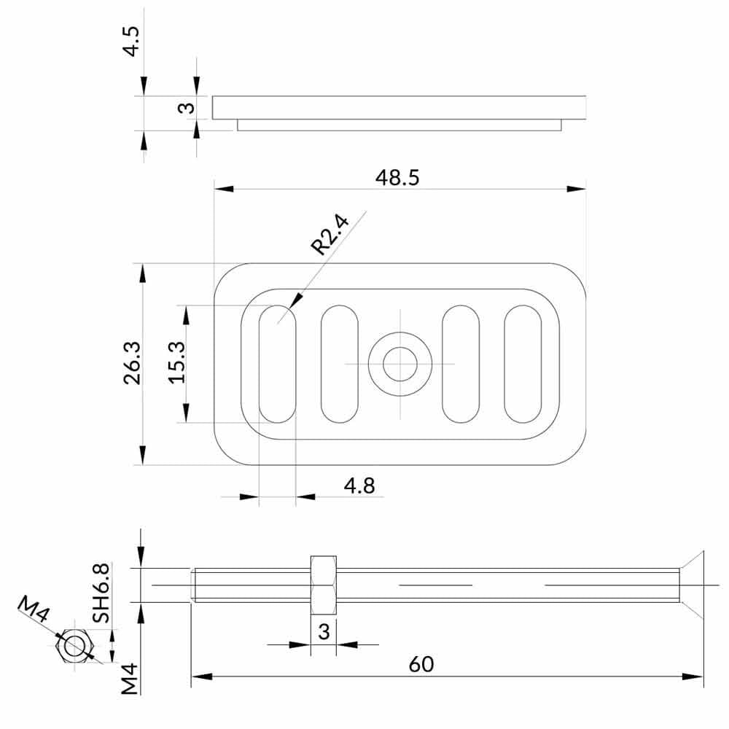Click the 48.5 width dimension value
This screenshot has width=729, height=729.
coord(397,178)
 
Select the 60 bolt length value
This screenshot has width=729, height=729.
coord(421,664)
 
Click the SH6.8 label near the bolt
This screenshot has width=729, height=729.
coord(101,592)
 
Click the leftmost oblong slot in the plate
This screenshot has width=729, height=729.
coord(278,364)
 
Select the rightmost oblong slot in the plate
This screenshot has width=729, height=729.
coord(523,364)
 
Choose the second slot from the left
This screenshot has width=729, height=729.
coord(340,364)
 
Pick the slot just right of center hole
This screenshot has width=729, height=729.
coord(461,364)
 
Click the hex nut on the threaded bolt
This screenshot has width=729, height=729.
coord(323,585)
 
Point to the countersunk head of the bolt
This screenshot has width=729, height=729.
coord(690,585)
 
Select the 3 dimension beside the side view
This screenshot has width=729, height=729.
coord(186,108)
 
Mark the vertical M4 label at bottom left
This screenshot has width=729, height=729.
coord(129,678)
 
